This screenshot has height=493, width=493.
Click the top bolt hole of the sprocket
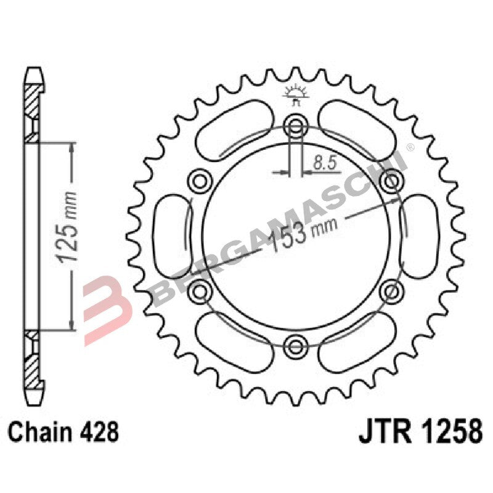pyautogui.click(x=296, y=128)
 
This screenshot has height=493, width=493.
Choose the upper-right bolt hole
pyautogui.click(x=391, y=181)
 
